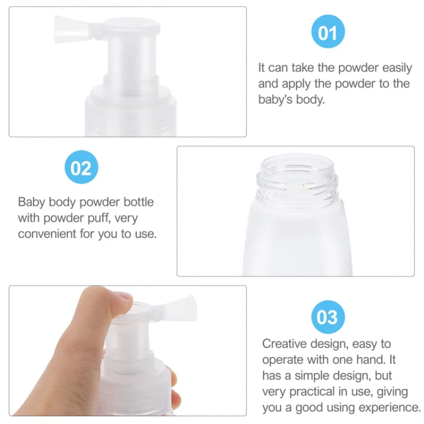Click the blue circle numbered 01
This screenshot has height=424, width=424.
tap(328, 31)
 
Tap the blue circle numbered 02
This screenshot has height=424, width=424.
tap(81, 167)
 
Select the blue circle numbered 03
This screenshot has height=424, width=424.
tap(328, 317)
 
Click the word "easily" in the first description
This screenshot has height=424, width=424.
tap(397, 68)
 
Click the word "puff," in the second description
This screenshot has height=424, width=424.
tap(99, 218)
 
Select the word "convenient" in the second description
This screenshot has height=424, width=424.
tap(47, 233)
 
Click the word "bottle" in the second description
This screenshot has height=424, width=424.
tap(139, 202)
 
